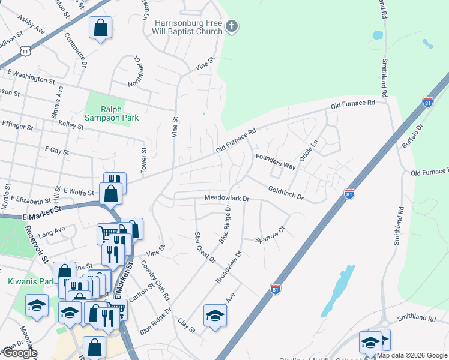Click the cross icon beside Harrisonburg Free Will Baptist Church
pyautogui.click(x=232, y=26)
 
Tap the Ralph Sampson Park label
pyautogui.click(x=111, y=113)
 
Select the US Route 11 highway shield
pyautogui.click(x=25, y=51)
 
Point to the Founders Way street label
pyautogui.click(x=276, y=161)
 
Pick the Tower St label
pyautogui.click(x=144, y=161)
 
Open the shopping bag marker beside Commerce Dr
pyautogui.click(x=100, y=28)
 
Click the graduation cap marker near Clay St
pyautogui.click(x=215, y=315)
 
